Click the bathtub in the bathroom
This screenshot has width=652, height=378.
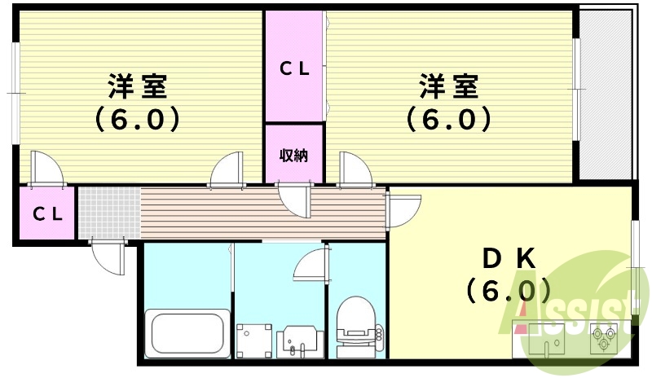tap(187, 333)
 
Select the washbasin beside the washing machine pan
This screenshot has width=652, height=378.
tap(300, 341)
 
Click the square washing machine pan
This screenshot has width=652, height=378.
tap(254, 341)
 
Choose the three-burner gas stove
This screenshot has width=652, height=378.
tap(603, 337)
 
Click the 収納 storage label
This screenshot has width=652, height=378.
tap(293, 156)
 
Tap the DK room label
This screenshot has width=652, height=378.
tap(509, 259)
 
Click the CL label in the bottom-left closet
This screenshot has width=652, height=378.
tap(47, 213)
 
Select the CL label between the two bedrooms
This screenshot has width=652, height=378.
tap(294, 68)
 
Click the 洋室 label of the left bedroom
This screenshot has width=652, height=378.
tap(138, 86)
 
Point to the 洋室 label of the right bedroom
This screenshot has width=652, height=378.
tap(449, 86)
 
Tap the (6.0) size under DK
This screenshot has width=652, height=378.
tap(509, 290)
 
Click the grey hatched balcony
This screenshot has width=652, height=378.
tap(606, 94)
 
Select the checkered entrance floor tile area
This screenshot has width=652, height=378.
tap(110, 213)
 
